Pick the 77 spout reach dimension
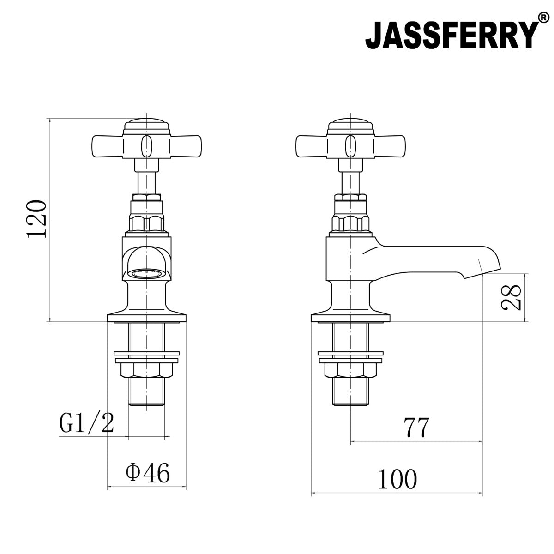coord(416,427)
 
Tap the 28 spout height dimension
coord(512,298)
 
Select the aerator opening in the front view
coord(146,273)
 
